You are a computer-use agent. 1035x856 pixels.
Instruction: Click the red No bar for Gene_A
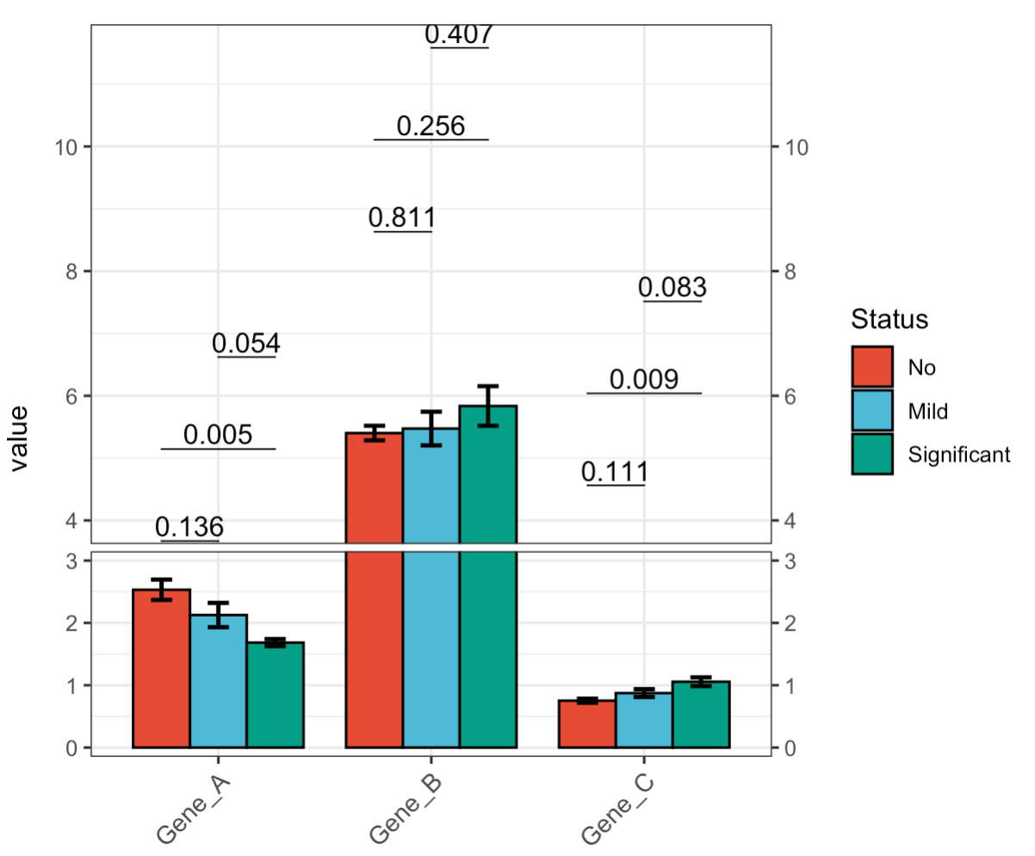(161, 668)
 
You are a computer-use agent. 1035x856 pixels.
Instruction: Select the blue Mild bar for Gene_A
(218, 681)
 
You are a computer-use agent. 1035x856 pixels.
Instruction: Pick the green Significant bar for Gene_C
(701, 715)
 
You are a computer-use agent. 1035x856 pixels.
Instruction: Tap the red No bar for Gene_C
(587, 724)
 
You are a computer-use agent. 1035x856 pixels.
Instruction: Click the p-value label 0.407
(459, 34)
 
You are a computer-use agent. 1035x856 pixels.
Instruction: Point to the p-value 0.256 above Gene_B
(431, 127)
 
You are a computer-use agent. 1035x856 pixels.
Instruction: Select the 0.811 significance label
(401, 219)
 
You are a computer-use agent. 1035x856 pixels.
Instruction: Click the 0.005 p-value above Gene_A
(218, 436)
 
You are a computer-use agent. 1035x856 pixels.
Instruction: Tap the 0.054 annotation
(246, 344)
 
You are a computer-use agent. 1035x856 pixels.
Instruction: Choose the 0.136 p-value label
(189, 527)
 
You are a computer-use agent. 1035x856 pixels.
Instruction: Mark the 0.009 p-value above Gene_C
(644, 380)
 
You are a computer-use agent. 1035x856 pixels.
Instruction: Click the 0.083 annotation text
(672, 288)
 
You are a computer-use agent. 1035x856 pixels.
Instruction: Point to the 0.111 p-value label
(615, 472)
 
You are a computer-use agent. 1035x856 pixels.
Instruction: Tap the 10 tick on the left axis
(67, 147)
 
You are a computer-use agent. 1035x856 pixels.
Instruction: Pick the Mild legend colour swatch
(872, 411)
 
